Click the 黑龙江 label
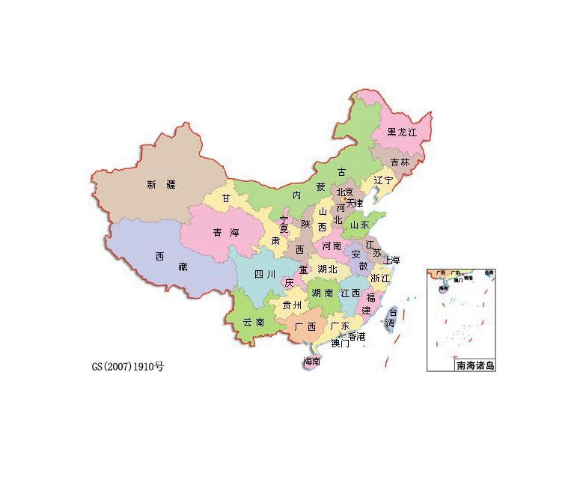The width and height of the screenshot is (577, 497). [401, 132]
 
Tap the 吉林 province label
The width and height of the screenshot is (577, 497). [400, 162]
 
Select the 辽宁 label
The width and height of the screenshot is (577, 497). [383, 180]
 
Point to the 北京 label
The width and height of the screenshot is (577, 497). [344, 192]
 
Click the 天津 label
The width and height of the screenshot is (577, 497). [354, 203]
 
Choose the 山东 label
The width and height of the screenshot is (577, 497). [360, 225]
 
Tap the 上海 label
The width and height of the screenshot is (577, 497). [391, 260]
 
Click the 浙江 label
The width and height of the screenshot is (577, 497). [380, 278]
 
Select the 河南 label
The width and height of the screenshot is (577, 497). [332, 245]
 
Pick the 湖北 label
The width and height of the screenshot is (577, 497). [327, 269]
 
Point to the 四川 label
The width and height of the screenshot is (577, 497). [265, 274]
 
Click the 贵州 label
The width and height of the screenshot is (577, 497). [291, 305]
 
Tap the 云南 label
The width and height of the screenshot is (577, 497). [254, 323]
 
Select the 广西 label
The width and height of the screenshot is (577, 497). [305, 327]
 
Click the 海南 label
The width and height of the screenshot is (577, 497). [312, 362]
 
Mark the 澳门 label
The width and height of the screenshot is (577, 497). [340, 344]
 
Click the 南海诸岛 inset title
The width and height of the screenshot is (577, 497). [474, 365]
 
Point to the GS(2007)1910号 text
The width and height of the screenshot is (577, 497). [127, 367]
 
